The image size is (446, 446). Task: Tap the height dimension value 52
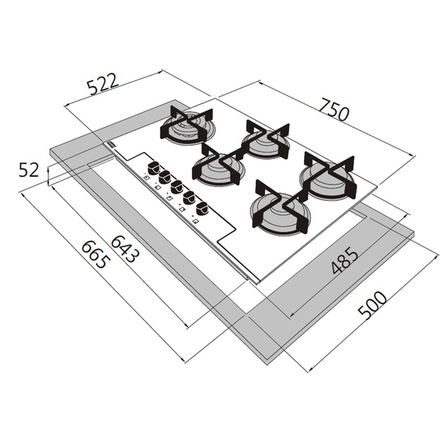coord(29,169)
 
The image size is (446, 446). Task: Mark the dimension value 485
coord(344,260)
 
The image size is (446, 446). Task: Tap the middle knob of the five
coord(178,187)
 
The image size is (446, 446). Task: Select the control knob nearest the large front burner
coord(201,205)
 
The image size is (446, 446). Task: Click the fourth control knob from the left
coord(190,196)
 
